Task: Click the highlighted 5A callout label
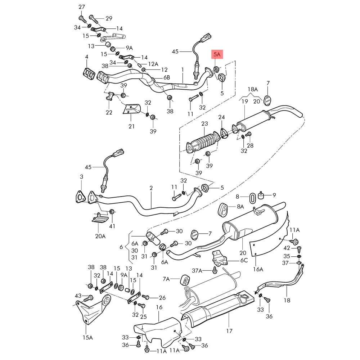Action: pos(217,54)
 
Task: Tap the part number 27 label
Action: pos(82,7)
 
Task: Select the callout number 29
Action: pos(109,18)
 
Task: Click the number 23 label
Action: pos(204,124)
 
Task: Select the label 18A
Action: pos(253,89)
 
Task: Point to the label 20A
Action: pos(100,236)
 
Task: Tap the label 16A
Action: pos(258,269)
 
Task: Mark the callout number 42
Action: pos(287,248)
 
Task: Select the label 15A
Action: pos(87,337)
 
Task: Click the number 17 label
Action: pos(230,331)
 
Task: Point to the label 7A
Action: pos(166,279)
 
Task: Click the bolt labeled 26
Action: pos(145,297)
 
